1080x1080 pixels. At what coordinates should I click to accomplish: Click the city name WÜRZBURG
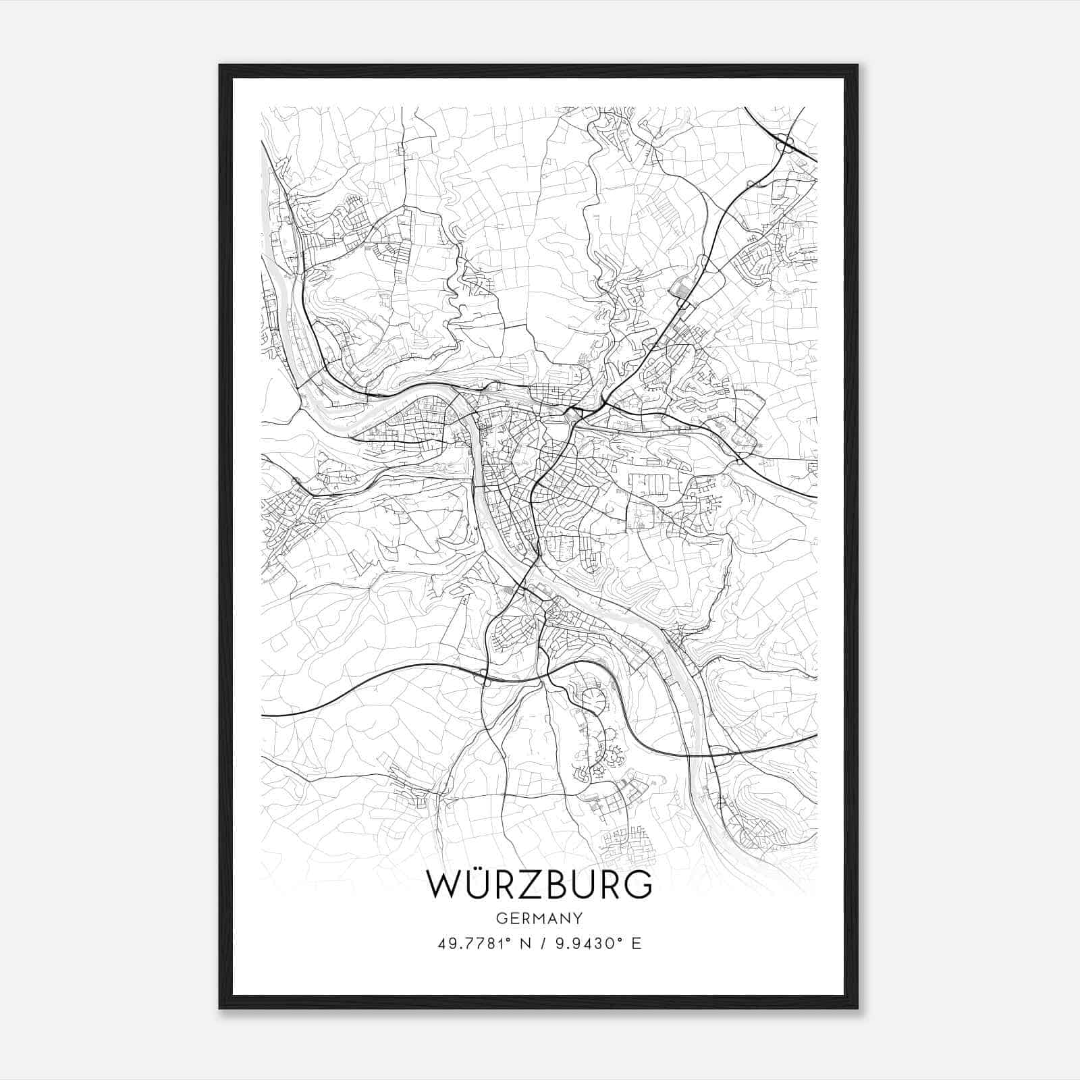coord(539,884)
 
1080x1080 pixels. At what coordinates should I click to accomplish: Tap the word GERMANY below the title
coord(539,918)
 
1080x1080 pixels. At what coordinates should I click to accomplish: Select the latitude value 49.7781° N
coord(481,943)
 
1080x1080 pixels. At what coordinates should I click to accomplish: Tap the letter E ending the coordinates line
coord(636,943)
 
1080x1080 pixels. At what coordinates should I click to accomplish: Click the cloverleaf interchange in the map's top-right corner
coord(784,142)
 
